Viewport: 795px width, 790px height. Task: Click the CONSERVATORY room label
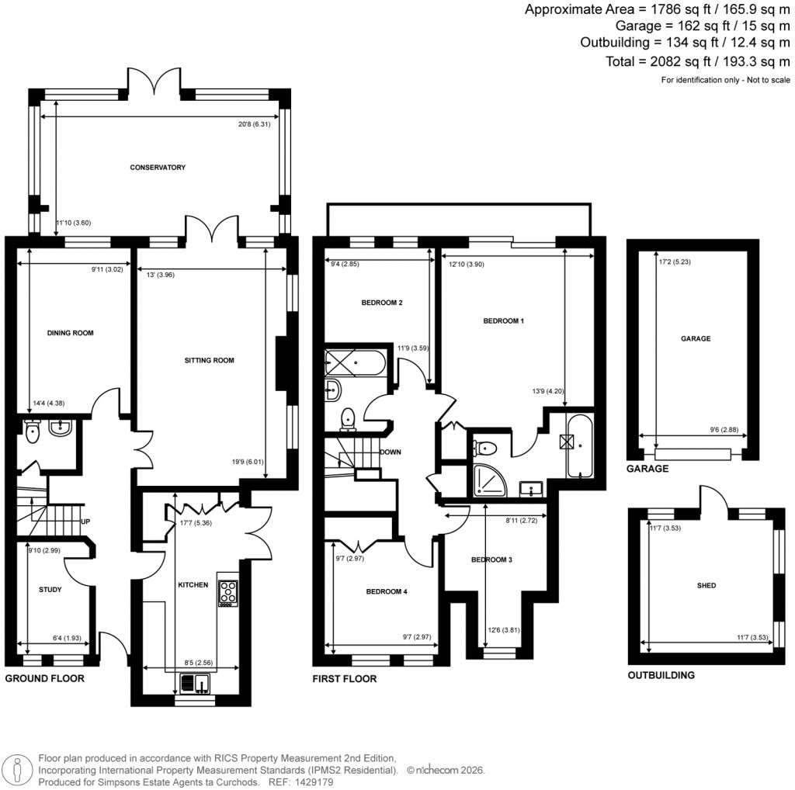tap(158, 168)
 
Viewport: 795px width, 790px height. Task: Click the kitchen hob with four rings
tap(228, 593)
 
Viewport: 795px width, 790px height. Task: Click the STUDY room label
tap(50, 590)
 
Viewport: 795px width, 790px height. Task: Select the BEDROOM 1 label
tap(504, 321)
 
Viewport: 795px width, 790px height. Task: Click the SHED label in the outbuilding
tap(706, 586)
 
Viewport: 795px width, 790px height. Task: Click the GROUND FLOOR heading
tap(44, 678)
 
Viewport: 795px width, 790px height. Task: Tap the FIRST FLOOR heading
tap(345, 679)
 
